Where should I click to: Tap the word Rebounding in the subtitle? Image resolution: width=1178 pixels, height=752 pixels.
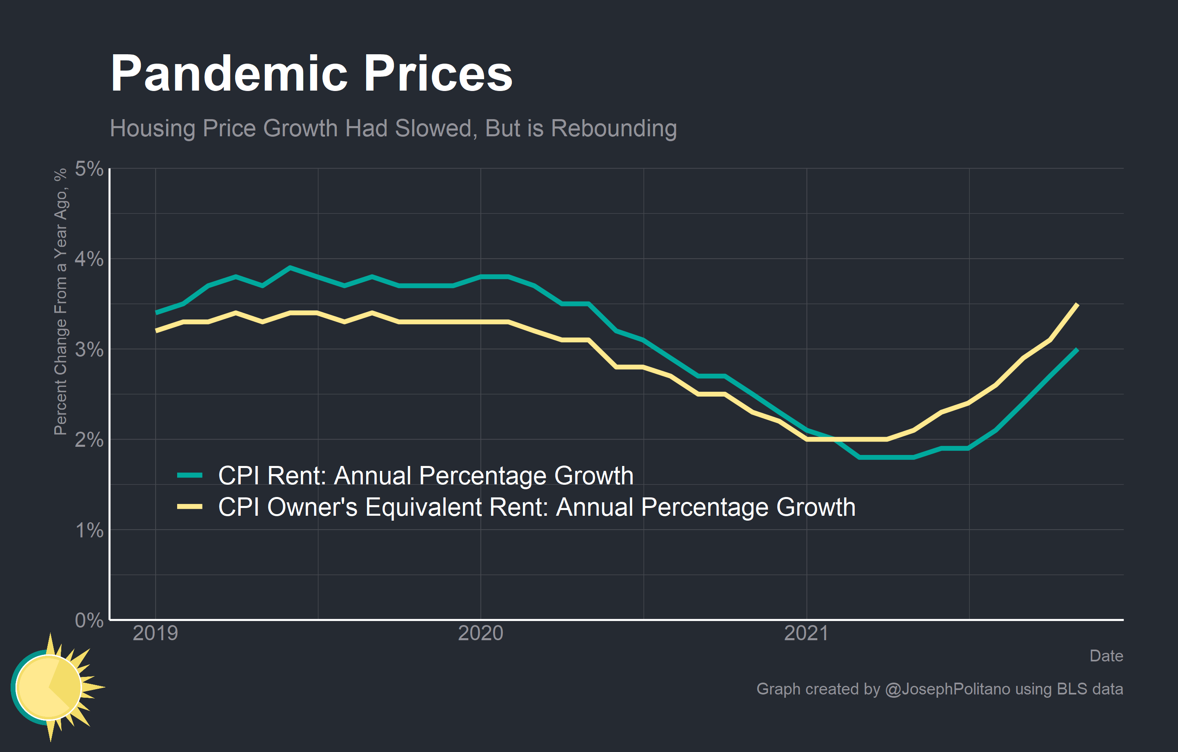click(614, 128)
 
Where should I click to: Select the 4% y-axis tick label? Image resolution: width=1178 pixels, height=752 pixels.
click(89, 259)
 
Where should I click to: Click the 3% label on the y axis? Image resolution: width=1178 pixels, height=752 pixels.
click(89, 349)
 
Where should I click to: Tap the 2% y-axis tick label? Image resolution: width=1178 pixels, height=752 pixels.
click(89, 439)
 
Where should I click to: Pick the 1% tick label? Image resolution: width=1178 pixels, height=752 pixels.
click(89, 530)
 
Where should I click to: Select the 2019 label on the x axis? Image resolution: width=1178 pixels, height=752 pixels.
click(156, 633)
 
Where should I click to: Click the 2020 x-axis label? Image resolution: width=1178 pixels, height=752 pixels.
click(480, 633)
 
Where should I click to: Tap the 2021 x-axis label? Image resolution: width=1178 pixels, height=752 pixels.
click(806, 633)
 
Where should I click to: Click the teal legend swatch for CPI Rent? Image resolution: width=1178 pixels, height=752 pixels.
click(190, 475)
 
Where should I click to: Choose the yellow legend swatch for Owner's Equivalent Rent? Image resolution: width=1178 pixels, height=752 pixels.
click(190, 506)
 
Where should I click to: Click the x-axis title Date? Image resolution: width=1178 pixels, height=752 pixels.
click(1106, 656)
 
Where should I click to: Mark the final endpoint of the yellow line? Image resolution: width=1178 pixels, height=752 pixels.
click(1077, 305)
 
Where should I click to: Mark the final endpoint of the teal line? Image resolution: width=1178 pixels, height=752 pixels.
click(1077, 350)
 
